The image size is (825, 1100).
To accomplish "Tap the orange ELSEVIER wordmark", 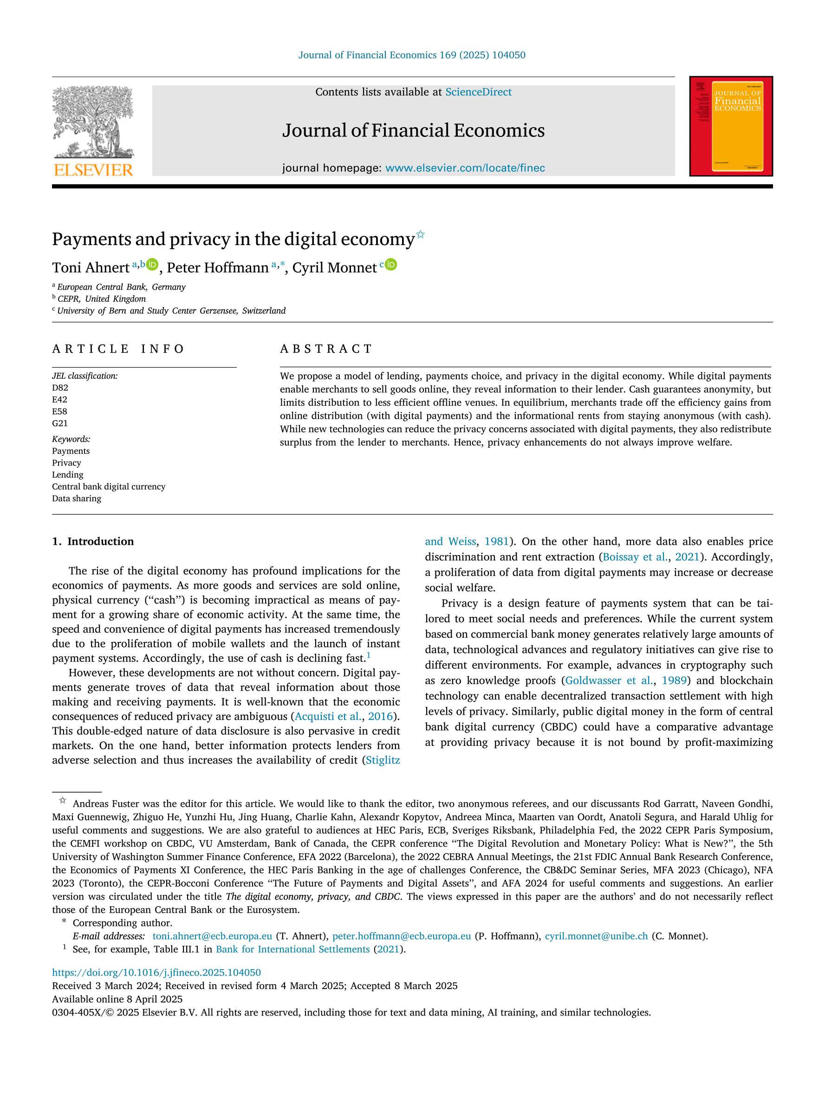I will pyautogui.click(x=93, y=170).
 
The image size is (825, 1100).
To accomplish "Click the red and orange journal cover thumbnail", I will pyautogui.click(x=730, y=126).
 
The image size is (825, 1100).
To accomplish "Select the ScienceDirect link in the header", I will pyautogui.click(x=478, y=92).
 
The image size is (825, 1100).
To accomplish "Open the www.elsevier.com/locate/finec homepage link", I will pyautogui.click(x=465, y=168).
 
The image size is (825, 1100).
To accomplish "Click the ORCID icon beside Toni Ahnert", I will pyautogui.click(x=153, y=265).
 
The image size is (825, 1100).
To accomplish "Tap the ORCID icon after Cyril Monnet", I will pyautogui.click(x=391, y=265).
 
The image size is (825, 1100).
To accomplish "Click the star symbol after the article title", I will pyautogui.click(x=420, y=234).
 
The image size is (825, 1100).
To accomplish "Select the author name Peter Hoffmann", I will pyautogui.click(x=217, y=268).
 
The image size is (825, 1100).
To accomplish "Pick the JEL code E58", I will pyautogui.click(x=60, y=411).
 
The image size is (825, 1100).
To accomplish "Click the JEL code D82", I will pyautogui.click(x=60, y=388).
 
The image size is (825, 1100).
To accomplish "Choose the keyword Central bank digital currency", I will pyautogui.click(x=109, y=486).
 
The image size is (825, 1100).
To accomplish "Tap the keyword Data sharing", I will pyautogui.click(x=77, y=498).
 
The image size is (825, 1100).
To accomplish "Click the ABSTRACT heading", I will pyautogui.click(x=326, y=349).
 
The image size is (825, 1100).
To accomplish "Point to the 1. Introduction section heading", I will pyautogui.click(x=93, y=541).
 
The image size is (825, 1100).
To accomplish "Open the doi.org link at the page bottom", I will pyautogui.click(x=156, y=972).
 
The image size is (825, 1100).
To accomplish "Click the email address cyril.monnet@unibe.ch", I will pyautogui.click(x=596, y=936).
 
